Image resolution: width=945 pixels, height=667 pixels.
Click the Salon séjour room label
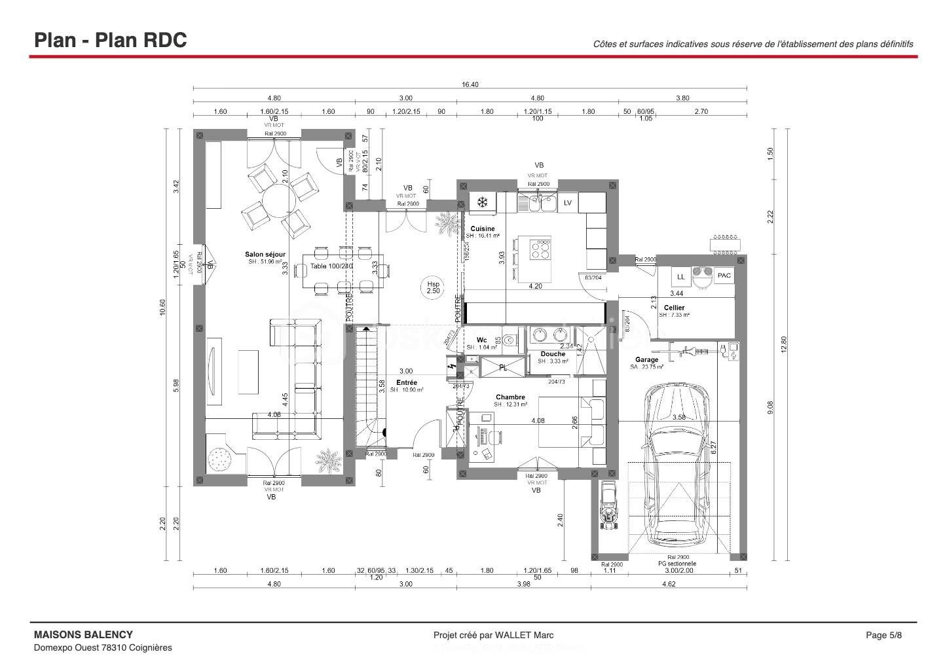[x=265, y=255]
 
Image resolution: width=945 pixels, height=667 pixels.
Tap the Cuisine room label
[x=483, y=229]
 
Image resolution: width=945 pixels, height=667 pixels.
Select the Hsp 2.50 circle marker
[x=434, y=288]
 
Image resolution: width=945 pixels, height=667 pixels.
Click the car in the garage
[x=676, y=466]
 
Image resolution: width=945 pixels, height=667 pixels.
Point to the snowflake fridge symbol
[x=483, y=202]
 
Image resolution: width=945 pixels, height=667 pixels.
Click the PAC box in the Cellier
[x=724, y=276]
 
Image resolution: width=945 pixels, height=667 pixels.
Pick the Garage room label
[x=646, y=360]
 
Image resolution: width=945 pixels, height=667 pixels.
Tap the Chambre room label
[x=510, y=397]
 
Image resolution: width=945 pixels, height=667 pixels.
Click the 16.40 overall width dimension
[x=470, y=84]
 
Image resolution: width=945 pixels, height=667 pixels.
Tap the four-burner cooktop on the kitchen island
[x=542, y=249]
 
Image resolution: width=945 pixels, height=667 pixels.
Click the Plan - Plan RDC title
[x=111, y=40]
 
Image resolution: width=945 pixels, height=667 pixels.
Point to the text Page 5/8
[x=883, y=635]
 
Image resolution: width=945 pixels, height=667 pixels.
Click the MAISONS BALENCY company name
[x=83, y=634]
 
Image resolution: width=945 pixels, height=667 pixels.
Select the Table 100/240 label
[x=331, y=266]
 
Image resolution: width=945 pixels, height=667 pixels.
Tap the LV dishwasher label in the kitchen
[x=568, y=203]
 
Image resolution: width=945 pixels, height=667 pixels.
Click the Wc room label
[x=481, y=340]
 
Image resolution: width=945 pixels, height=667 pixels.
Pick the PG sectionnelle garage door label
[x=677, y=564]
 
